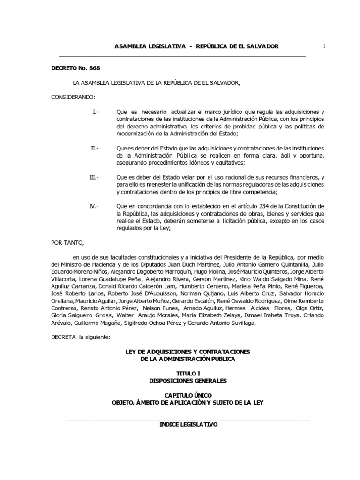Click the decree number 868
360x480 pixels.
[x=93, y=68]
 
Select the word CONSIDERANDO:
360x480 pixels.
[x=73, y=97]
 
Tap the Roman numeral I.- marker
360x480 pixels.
[x=96, y=112]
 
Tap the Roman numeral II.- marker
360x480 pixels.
[x=95, y=148]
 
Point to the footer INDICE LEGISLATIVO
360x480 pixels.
[x=188, y=424]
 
